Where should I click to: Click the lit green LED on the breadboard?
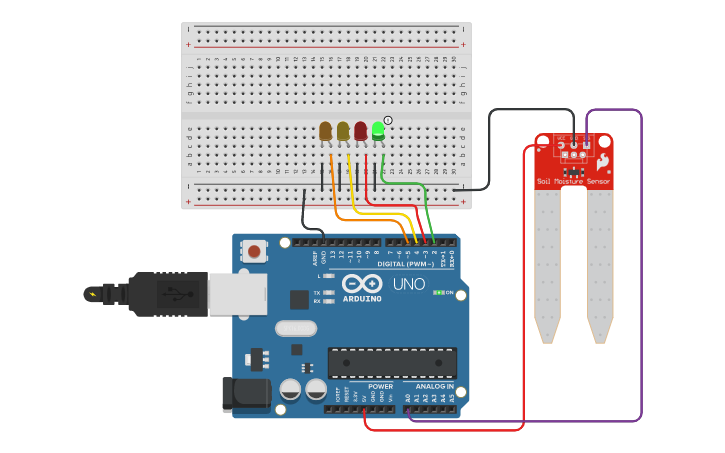pyautogui.click(x=378, y=131)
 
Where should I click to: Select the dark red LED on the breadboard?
pyautogui.click(x=360, y=131)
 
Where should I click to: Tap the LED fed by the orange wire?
pyautogui.click(x=325, y=131)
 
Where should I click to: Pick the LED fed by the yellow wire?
pyautogui.click(x=343, y=131)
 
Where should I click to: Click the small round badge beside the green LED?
pyautogui.click(x=388, y=120)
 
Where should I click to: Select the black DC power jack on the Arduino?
pyautogui.click(x=245, y=393)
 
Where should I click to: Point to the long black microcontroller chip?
pyautogui.click(x=392, y=362)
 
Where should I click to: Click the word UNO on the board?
pyautogui.click(x=408, y=284)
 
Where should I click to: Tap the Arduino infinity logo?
pyautogui.click(x=362, y=283)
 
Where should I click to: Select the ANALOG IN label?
pyautogui.click(x=435, y=386)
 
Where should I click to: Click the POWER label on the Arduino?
pyautogui.click(x=380, y=386)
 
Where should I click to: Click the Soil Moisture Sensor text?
pyautogui.click(x=573, y=181)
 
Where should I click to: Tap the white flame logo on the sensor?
pyautogui.click(x=603, y=161)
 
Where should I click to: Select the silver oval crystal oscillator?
pyautogui.click(x=295, y=328)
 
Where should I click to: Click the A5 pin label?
pyautogui.click(x=452, y=397)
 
